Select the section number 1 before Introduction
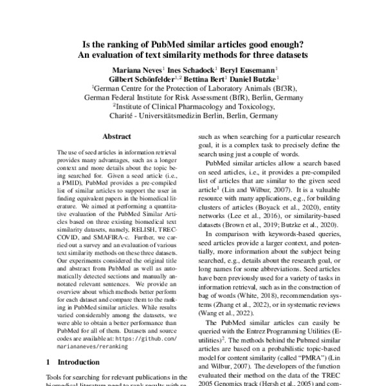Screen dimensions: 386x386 [x=50, y=363]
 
